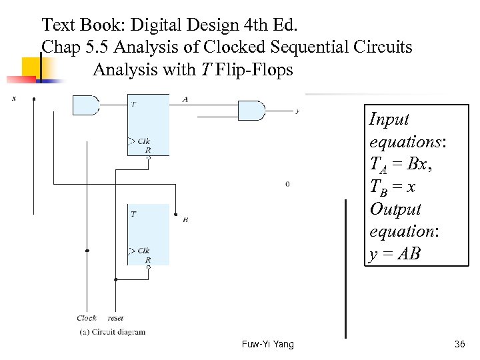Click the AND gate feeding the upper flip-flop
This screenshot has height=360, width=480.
pos(85,105)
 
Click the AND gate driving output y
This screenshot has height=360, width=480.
pos(251,111)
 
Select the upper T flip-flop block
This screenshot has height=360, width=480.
pos(148,125)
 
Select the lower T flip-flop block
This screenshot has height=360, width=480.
pos(148,234)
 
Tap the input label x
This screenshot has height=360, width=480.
pos(14,99)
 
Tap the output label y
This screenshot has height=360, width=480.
pos(297,111)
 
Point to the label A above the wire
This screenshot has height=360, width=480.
pos(185,99)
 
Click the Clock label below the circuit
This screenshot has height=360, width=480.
pos(87,318)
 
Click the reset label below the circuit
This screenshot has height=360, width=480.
pos(115,318)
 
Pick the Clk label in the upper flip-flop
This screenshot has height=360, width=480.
pos(143,141)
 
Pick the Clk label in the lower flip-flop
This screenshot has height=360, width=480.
pos(143,251)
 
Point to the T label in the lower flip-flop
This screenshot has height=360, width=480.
pos(134,214)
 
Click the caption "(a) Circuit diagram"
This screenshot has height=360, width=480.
pos(112,331)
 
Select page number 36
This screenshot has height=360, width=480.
pos(459,344)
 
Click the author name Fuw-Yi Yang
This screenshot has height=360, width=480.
pos(267,344)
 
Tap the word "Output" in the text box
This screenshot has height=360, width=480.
pos(395,209)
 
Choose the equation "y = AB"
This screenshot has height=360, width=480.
pos(395,254)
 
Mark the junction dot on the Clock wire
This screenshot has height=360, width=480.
pos(87,251)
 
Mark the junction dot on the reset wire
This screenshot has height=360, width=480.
pos(116,280)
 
